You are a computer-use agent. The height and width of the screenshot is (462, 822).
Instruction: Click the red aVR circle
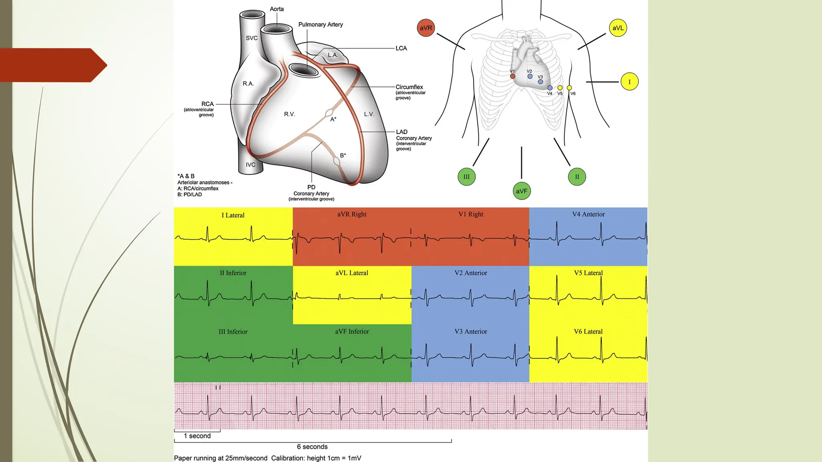(x=426, y=28)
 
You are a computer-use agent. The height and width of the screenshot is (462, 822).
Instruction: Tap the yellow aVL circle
(x=618, y=28)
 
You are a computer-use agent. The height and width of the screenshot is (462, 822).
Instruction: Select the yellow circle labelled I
(x=629, y=82)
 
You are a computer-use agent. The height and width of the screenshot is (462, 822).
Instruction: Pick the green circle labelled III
(x=466, y=176)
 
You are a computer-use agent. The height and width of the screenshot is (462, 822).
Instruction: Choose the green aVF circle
(x=521, y=191)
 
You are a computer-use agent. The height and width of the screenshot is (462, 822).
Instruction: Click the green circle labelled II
(x=577, y=176)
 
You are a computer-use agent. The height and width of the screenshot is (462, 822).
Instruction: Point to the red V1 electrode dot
(x=513, y=76)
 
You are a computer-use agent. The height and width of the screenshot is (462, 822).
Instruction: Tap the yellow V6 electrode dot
(x=569, y=88)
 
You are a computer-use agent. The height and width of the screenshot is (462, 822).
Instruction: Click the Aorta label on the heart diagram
(x=277, y=9)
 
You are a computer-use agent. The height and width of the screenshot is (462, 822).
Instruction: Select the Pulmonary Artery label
(x=320, y=24)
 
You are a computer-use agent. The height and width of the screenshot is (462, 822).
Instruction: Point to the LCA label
(x=401, y=48)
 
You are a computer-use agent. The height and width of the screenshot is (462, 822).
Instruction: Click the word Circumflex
(x=409, y=87)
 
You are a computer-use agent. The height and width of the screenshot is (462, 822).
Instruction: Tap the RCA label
(x=208, y=104)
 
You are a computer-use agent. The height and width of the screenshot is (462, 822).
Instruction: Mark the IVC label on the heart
(x=250, y=165)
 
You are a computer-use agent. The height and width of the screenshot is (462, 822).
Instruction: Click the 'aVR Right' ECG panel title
(x=352, y=214)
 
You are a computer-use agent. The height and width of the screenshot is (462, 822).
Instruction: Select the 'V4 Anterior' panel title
(x=588, y=214)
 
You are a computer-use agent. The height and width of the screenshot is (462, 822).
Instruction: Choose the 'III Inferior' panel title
(x=233, y=332)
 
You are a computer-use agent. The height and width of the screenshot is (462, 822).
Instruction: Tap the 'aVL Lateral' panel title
(x=352, y=273)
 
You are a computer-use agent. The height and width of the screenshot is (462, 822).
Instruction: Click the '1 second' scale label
(x=197, y=436)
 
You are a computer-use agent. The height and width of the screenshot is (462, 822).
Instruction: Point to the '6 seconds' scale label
(x=312, y=447)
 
